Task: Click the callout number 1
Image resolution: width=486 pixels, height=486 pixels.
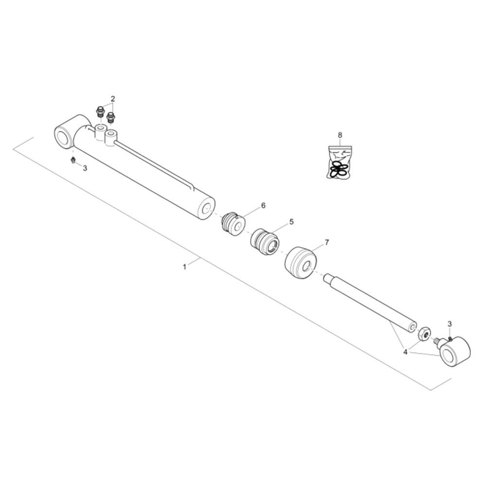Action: pos(185,266)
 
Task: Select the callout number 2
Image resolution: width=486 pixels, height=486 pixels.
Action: pos(113,99)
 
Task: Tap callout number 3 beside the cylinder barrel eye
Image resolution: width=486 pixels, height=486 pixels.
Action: pos(85,168)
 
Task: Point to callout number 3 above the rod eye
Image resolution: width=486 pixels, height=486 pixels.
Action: pos(450,324)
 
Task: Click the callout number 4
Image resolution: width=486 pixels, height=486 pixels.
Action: pos(405,352)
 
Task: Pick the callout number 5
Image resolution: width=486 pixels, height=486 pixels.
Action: pos(291,222)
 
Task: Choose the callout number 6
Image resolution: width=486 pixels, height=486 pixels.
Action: pos(263,205)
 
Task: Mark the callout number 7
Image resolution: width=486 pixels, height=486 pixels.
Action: pos(327,242)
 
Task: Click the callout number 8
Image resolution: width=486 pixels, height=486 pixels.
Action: pos(340,135)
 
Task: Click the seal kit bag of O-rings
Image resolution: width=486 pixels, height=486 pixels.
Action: pos(340,162)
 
